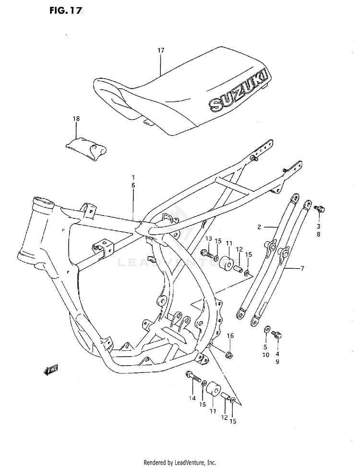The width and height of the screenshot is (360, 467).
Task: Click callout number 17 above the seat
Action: (x=161, y=50)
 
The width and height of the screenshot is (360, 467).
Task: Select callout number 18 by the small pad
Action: (x=76, y=119)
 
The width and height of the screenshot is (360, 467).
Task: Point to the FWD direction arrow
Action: (x=50, y=370)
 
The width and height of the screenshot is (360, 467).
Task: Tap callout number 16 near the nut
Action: (x=230, y=335)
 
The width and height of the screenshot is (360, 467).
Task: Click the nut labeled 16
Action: (x=229, y=355)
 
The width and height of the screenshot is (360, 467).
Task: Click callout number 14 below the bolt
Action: (x=192, y=398)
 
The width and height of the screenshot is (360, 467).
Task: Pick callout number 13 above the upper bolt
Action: (x=208, y=239)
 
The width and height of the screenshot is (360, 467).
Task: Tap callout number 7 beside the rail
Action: (x=302, y=269)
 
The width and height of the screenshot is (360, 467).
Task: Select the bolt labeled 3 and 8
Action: (x=319, y=209)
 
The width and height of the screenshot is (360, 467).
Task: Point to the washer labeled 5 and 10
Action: (x=267, y=330)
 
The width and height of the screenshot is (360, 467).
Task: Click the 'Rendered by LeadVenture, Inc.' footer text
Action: (x=180, y=462)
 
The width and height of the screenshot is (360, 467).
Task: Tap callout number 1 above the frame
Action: (x=133, y=177)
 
